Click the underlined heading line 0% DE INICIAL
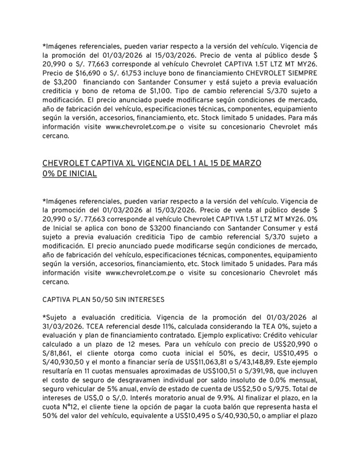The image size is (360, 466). point(70,174)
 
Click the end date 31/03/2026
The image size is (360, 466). point(62,326)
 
